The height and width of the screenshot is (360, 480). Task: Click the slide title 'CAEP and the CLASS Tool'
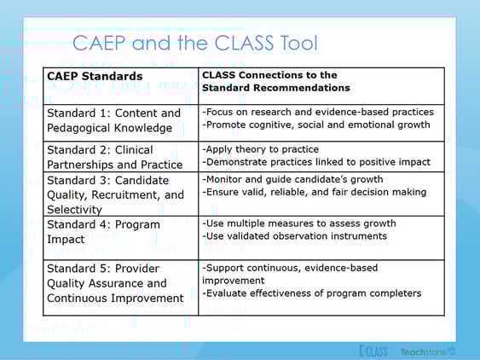[194, 43]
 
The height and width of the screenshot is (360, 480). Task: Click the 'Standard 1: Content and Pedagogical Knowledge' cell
[113, 121]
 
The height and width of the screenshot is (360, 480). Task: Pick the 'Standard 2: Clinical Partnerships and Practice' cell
[114, 157]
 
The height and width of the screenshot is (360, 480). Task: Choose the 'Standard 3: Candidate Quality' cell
[115, 195]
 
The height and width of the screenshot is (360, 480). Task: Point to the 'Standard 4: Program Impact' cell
[103, 232]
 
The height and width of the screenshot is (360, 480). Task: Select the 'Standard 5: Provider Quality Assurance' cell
[115, 282]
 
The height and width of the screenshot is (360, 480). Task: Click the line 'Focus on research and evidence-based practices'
[318, 112]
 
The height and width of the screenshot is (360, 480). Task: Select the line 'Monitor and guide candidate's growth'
[292, 179]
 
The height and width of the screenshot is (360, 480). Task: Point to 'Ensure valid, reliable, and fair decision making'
[314, 193]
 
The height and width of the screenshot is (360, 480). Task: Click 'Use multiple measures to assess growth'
[293, 222]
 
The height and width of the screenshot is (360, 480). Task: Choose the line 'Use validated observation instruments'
[294, 236]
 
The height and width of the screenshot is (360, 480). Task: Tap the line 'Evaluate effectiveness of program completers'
[311, 293]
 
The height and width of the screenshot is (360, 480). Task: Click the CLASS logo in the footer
[373, 351]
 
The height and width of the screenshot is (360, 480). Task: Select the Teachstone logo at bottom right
[429, 351]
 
